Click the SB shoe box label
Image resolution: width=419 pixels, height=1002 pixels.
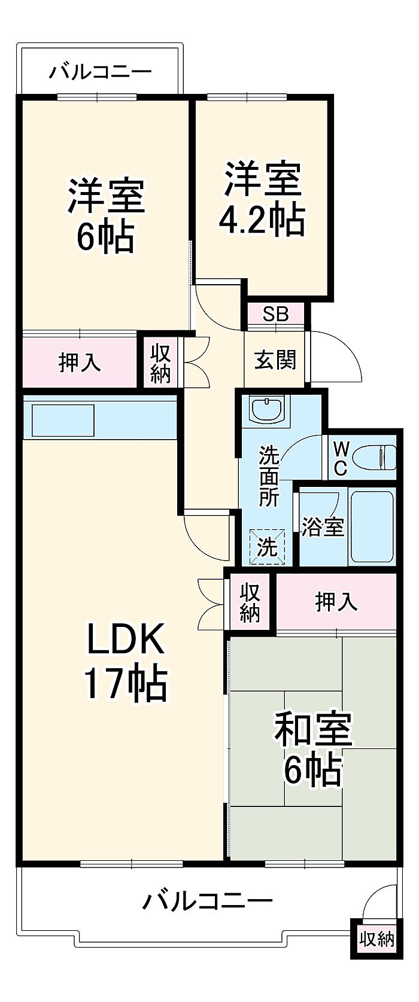pyautogui.click(x=276, y=313)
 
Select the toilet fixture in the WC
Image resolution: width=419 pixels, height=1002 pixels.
pyautogui.click(x=374, y=459)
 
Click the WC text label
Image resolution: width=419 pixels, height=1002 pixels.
pyautogui.click(x=340, y=458)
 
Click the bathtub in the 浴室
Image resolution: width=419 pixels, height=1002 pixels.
pyautogui.click(x=371, y=526)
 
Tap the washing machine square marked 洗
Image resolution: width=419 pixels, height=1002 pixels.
pyautogui.click(x=267, y=546)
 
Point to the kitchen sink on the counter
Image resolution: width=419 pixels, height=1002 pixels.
pyautogui.click(x=63, y=420)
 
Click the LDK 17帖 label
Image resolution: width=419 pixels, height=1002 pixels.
pyautogui.click(x=125, y=660)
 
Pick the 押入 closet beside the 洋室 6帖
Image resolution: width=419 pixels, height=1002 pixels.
pyautogui.click(x=80, y=363)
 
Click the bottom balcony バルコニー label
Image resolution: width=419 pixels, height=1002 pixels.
pyautogui.click(x=207, y=900)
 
